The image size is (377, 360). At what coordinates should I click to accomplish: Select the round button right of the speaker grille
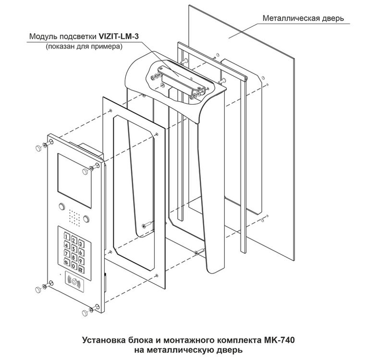86,219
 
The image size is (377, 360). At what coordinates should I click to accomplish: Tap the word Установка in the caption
104,340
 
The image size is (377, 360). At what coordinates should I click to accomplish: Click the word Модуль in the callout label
43,36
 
